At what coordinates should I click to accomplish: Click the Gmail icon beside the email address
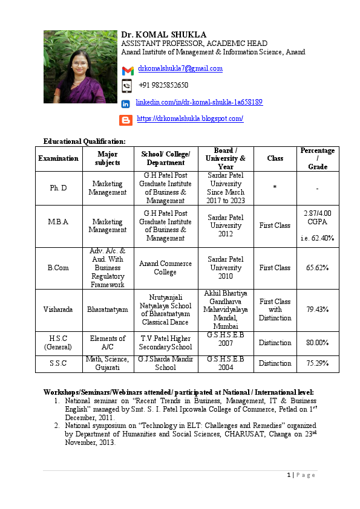(x=128, y=71)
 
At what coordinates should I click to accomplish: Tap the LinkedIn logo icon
(x=126, y=104)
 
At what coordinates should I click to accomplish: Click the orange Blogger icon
(x=126, y=120)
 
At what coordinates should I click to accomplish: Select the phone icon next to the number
(x=127, y=86)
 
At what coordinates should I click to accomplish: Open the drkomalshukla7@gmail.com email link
(x=180, y=69)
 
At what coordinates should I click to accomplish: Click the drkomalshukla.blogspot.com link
(x=190, y=119)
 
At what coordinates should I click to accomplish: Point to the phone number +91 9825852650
(x=163, y=85)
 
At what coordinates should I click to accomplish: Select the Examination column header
(x=59, y=158)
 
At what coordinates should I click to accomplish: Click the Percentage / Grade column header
(x=318, y=158)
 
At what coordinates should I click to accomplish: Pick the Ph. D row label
(x=59, y=188)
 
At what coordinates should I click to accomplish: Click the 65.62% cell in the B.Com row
(x=318, y=268)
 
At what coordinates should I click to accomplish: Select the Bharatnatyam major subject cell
(x=108, y=310)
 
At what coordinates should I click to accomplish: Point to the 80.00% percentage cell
(x=318, y=343)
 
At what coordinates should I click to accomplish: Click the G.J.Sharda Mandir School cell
(x=166, y=363)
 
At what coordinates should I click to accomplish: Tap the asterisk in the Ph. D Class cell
(x=275, y=188)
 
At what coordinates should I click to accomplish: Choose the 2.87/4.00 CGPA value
(x=318, y=218)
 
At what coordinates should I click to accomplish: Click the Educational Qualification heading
(x=85, y=141)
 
